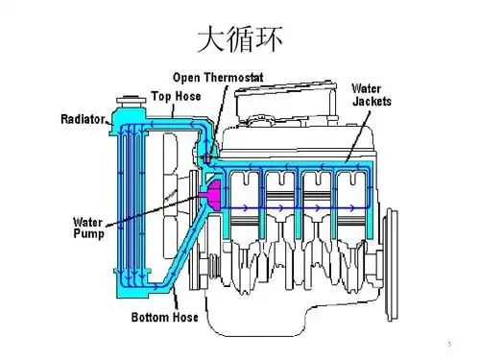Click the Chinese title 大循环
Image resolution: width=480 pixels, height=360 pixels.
point(240,39)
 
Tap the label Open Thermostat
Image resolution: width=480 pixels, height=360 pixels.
point(218,77)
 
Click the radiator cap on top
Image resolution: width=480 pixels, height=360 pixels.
point(125,101)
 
